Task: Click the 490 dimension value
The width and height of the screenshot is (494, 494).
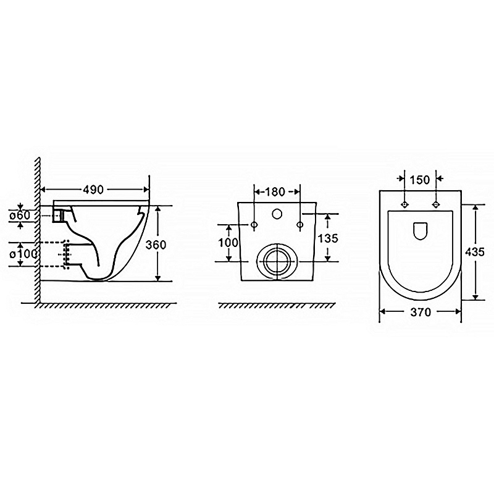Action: (93, 190)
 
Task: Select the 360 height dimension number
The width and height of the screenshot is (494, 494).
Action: (156, 245)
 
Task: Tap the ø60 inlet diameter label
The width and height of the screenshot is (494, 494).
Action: (20, 216)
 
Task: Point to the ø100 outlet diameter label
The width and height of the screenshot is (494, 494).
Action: (23, 254)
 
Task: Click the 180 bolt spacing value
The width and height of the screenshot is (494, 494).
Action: (275, 191)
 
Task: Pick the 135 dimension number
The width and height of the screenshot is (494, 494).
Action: (328, 238)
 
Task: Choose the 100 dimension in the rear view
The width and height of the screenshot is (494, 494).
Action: (228, 243)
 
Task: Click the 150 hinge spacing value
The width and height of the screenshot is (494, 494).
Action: (420, 180)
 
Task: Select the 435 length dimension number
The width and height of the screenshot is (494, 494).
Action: (475, 252)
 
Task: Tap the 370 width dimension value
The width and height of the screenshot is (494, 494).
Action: (421, 312)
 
